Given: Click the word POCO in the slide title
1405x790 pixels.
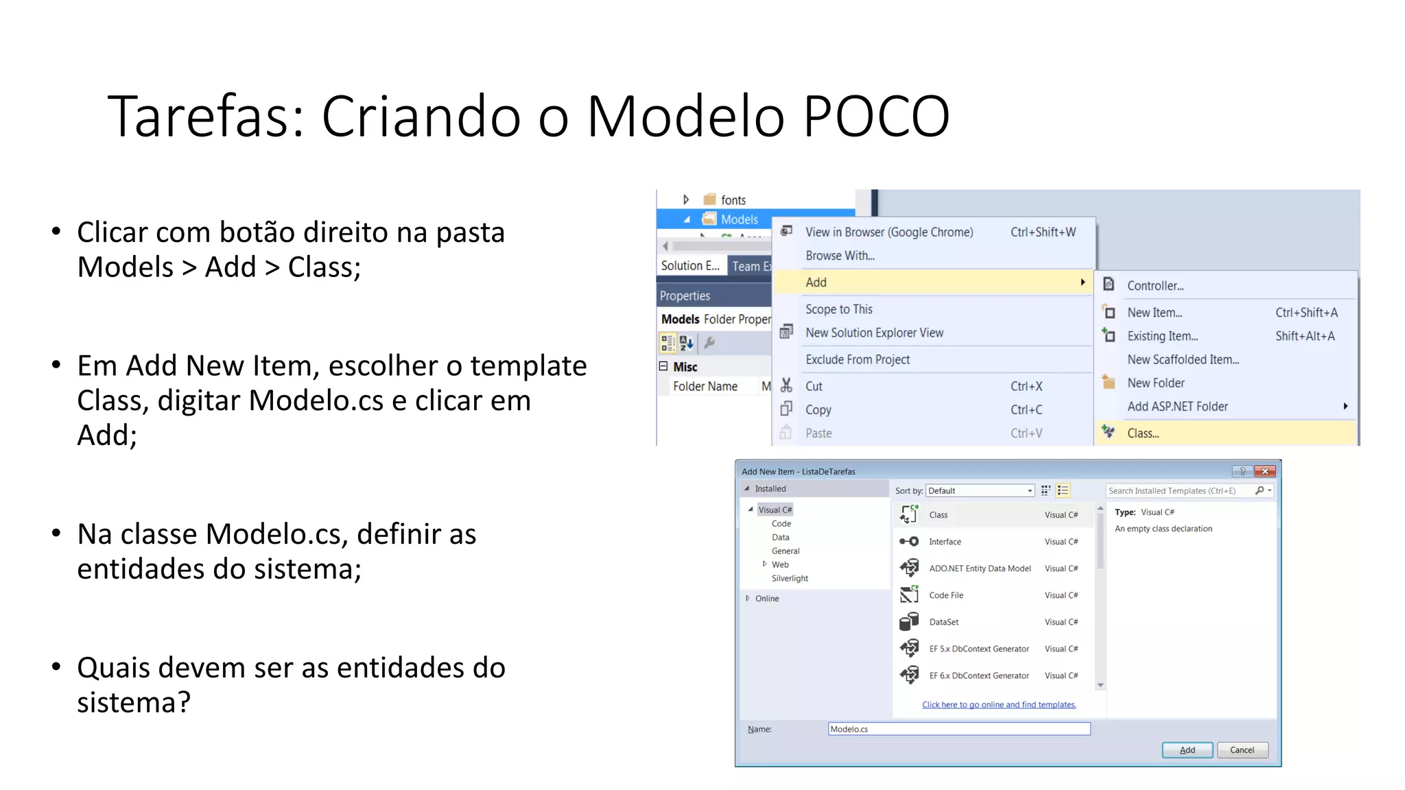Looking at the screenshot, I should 876,116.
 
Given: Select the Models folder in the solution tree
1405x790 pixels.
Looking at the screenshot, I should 739,219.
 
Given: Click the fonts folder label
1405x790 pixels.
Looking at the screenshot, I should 733,200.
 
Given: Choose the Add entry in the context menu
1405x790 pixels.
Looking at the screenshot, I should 816,283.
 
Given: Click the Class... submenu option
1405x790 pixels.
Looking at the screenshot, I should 1143,433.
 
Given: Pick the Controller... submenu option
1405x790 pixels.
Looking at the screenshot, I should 1155,286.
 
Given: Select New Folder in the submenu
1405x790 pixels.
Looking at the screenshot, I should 1156,383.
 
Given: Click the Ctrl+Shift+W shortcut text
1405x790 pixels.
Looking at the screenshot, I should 1043,232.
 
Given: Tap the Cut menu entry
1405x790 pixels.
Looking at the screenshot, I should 814,387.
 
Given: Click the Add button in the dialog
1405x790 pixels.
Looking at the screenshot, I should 1187,750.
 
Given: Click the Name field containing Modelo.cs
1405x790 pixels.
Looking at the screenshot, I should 958,729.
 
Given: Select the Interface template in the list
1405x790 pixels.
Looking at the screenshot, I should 945,542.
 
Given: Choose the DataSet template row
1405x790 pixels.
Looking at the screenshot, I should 944,622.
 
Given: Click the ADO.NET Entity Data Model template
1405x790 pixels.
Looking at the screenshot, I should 980,568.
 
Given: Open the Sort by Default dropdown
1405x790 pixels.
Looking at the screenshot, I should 980,491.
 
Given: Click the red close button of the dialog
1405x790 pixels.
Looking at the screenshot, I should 1264,471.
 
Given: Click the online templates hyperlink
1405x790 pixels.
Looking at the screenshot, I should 999,705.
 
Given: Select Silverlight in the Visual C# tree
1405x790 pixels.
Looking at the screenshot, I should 790,579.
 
